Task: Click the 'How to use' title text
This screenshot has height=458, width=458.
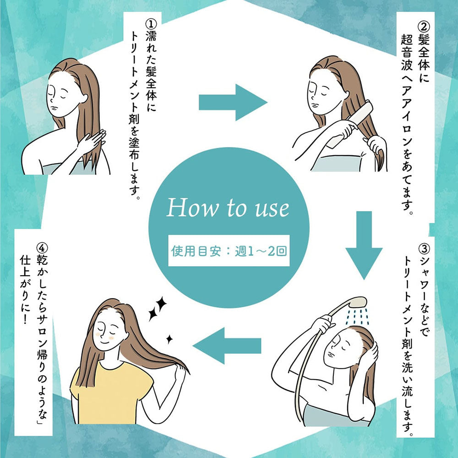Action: coord(228,208)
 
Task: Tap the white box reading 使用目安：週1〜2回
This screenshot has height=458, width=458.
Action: coord(229,251)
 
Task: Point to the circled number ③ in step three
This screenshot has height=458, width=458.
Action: coord(424,249)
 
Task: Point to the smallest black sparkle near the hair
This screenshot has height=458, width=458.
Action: coord(169,339)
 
